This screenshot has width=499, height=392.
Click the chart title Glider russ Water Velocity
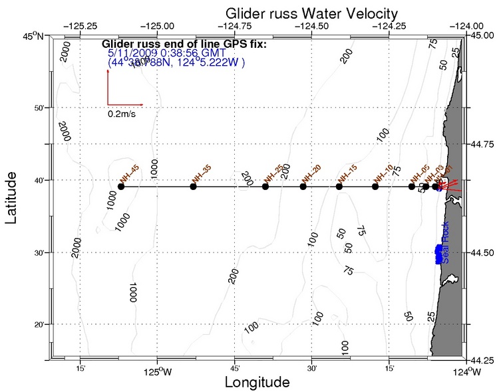tap(311, 13)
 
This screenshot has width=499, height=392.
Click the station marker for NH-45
tap(121, 187)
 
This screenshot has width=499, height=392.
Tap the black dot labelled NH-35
tap(194, 187)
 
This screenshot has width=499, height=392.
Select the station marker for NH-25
tap(265, 187)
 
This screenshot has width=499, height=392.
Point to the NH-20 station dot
tap(303, 187)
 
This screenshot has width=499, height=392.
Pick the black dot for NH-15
tap(339, 187)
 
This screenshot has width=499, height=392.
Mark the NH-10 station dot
tap(375, 187)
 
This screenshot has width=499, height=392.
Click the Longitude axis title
tap(257, 383)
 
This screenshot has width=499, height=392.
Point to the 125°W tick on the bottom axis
tap(158, 371)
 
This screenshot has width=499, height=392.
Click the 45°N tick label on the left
tap(31, 37)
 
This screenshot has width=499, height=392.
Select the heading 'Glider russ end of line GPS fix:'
tap(184, 45)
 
